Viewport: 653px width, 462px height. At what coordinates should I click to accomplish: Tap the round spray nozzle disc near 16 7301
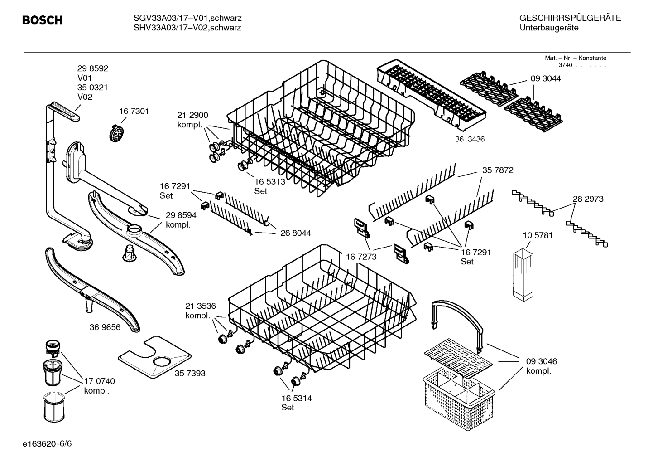click(x=117, y=133)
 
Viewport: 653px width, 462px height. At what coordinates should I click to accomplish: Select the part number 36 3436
click(x=470, y=139)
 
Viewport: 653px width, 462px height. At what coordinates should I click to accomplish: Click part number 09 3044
click(x=545, y=78)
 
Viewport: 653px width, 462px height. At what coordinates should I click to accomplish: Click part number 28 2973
click(x=588, y=199)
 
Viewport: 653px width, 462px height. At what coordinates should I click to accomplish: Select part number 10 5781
click(x=538, y=235)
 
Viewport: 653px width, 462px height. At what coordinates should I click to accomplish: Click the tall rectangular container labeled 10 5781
click(x=523, y=274)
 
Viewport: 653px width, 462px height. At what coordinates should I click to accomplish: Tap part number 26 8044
click(x=295, y=233)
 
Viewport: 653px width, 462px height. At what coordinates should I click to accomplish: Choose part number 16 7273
click(x=361, y=257)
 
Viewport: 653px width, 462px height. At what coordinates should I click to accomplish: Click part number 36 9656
click(x=105, y=327)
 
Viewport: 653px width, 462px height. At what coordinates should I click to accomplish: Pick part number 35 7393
click(x=190, y=373)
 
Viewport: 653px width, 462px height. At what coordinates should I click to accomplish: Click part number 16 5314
click(x=296, y=398)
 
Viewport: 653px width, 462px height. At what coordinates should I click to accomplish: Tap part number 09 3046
click(x=541, y=361)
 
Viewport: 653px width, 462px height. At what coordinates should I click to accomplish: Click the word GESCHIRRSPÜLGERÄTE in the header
click(x=570, y=18)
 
